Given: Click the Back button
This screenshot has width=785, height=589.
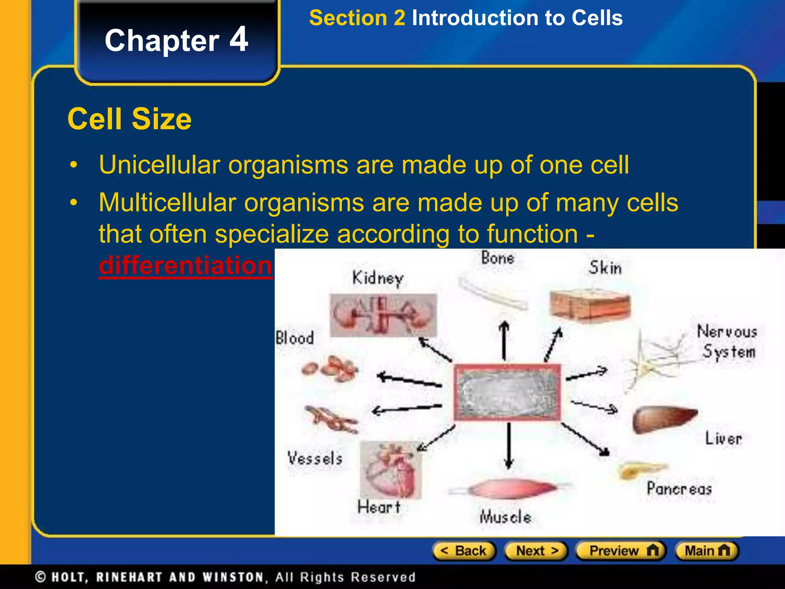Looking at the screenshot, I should [x=464, y=551].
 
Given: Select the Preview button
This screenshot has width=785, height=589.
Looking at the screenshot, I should [x=621, y=551].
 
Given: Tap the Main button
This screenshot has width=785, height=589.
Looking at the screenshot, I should [x=707, y=551].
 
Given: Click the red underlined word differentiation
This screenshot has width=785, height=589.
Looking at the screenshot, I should [x=185, y=265].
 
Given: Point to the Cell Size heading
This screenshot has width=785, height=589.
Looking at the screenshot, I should [x=130, y=119].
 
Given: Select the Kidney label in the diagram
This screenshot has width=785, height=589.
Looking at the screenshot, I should [x=378, y=278].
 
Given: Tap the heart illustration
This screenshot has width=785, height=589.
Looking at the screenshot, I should [x=391, y=470].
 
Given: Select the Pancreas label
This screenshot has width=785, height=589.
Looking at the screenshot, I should [x=679, y=489].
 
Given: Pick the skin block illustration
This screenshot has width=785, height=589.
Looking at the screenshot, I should [x=590, y=305].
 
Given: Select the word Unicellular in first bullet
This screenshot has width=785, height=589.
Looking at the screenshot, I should [x=159, y=165].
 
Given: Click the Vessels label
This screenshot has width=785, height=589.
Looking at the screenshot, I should [x=315, y=459].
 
